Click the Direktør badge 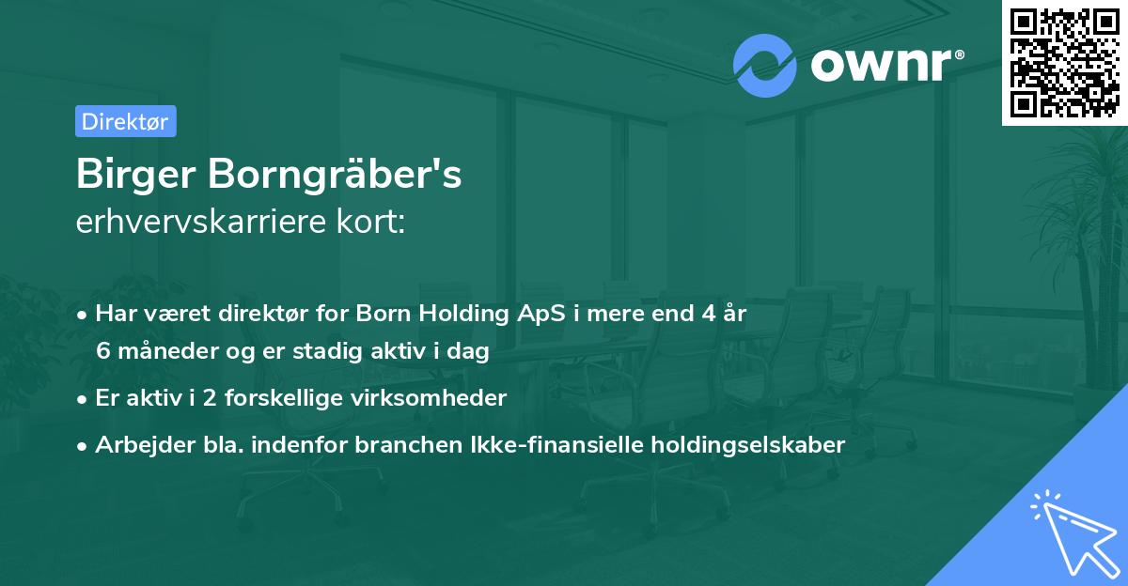tap(125, 121)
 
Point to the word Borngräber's tap(326, 175)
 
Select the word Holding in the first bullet tap(457, 314)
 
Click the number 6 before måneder tap(103, 352)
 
